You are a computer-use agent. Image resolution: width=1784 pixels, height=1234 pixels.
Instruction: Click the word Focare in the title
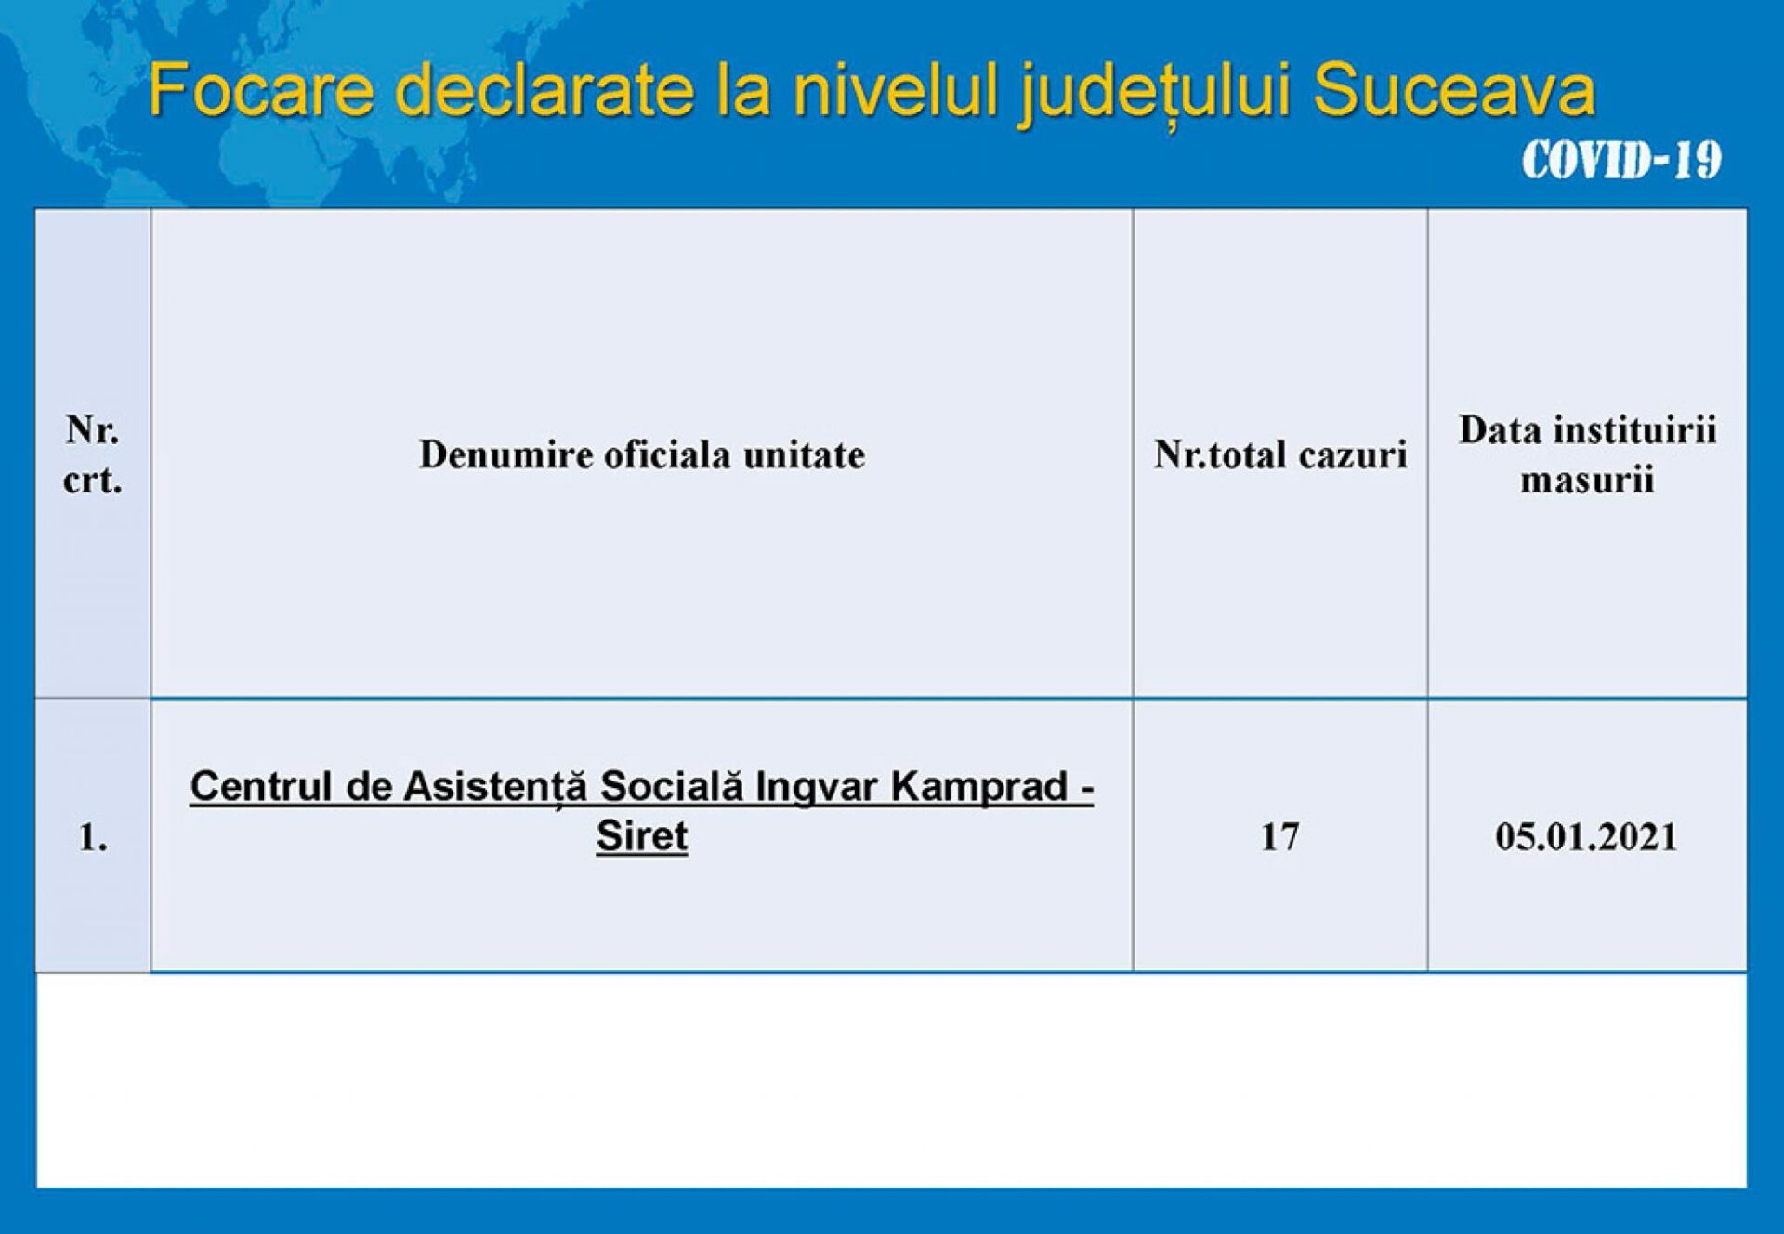261,90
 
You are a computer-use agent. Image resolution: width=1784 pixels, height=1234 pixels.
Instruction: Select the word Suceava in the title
1454,90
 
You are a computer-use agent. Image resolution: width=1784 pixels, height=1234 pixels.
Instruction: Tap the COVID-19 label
1621,160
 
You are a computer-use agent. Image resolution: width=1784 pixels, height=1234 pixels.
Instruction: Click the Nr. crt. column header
92,454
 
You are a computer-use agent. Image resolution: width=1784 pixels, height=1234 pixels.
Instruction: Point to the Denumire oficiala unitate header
642,454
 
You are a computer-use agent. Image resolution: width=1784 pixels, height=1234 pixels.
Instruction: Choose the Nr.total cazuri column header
1280,454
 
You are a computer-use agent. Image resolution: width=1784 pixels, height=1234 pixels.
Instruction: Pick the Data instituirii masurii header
1587,454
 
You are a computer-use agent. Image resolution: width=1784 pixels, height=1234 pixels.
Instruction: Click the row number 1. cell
92,838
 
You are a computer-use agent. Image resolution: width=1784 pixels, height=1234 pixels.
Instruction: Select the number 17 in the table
1279,837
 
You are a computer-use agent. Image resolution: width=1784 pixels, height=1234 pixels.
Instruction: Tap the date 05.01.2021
1586,837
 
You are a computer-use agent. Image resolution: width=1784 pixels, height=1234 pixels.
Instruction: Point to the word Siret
642,835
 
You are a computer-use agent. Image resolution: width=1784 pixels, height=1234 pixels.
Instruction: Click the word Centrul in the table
261,786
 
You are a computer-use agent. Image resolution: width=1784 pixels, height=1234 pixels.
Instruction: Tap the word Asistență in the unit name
495,788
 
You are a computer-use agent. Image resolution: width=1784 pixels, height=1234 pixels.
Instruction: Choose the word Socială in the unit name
672,786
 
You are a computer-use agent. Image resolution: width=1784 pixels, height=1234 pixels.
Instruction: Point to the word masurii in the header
1587,480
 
